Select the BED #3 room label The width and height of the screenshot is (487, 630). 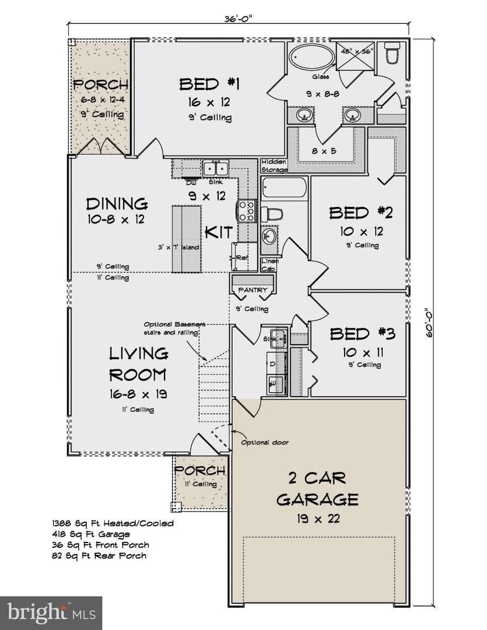tap(362, 334)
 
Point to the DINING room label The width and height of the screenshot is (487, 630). tap(117, 204)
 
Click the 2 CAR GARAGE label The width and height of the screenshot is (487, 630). tap(317, 489)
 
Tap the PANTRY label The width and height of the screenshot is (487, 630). tap(253, 290)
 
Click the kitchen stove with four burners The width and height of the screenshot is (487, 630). tap(245, 211)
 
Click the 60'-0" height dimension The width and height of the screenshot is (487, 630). tap(429, 323)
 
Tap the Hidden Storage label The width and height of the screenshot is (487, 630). tap(274, 166)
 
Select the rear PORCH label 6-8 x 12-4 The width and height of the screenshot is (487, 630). tap(100, 100)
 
